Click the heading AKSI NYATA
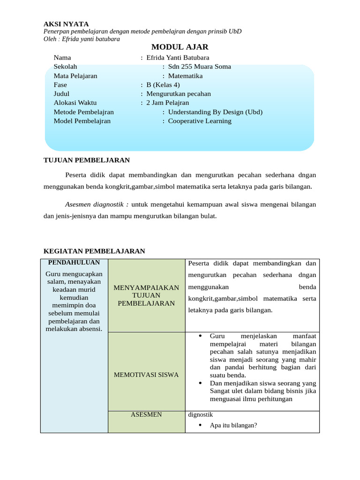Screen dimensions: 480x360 coord(66,24)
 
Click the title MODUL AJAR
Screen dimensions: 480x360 coord(180,47)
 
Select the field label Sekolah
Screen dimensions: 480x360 coord(66,67)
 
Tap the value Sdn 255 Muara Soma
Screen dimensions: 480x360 coord(199,67)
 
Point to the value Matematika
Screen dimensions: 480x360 coord(185,76)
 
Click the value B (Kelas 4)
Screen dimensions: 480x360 coord(163,85)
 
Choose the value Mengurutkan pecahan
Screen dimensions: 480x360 coord(179,94)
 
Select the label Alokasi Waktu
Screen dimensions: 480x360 coord(75,103)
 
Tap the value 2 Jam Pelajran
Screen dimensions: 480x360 coord(168,103)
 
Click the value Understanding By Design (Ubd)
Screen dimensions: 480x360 coord(215,112)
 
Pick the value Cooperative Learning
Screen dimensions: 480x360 coord(200,121)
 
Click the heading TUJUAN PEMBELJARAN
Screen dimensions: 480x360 coord(86,160)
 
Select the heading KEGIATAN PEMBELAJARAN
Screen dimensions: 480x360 coord(94,251)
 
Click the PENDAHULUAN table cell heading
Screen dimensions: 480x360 coord(74,262)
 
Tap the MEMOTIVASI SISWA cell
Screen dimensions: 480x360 coord(146,375)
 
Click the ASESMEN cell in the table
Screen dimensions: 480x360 coord(146,414)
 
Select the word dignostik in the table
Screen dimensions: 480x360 coord(200,414)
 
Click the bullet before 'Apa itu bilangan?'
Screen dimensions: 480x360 coord(200,426)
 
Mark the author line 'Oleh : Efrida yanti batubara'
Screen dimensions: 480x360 coord(82,39)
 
